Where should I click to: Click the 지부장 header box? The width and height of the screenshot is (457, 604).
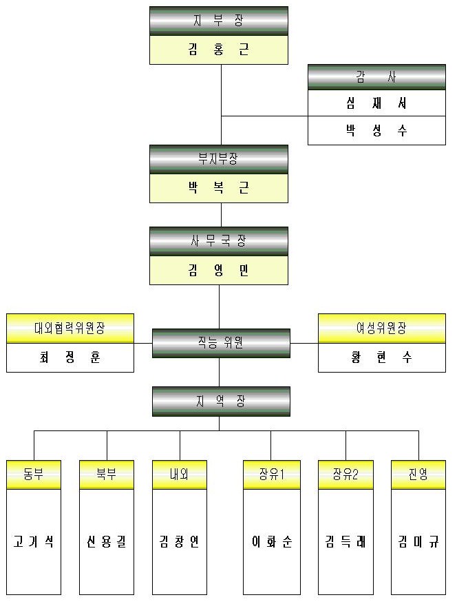[219, 21]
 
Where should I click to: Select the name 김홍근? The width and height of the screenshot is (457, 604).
[219, 50]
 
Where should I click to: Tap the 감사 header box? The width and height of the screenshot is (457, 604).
[376, 77]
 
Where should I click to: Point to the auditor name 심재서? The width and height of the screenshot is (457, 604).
[376, 104]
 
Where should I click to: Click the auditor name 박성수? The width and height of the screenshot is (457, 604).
[376, 131]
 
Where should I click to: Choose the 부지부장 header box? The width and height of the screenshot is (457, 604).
[219, 159]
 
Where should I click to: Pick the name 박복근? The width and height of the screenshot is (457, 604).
[219, 188]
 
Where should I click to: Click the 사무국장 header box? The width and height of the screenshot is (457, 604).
[219, 241]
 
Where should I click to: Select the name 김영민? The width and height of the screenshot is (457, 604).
[219, 270]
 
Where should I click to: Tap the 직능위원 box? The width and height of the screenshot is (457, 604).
[221, 342]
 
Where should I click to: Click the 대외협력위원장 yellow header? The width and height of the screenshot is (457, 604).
[70, 329]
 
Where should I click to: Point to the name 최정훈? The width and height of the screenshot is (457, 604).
[70, 357]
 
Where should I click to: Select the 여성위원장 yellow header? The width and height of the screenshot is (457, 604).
[381, 329]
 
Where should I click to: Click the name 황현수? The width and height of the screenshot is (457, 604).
[381, 357]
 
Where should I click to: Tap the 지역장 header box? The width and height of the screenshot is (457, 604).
[221, 401]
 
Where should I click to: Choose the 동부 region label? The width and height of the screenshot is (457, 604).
[34, 475]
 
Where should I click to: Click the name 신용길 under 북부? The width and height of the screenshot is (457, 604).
[107, 542]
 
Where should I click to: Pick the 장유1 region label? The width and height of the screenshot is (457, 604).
[271, 475]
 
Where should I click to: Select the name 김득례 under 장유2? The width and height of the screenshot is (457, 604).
[346, 542]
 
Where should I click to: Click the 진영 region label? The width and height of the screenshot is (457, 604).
[418, 475]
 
